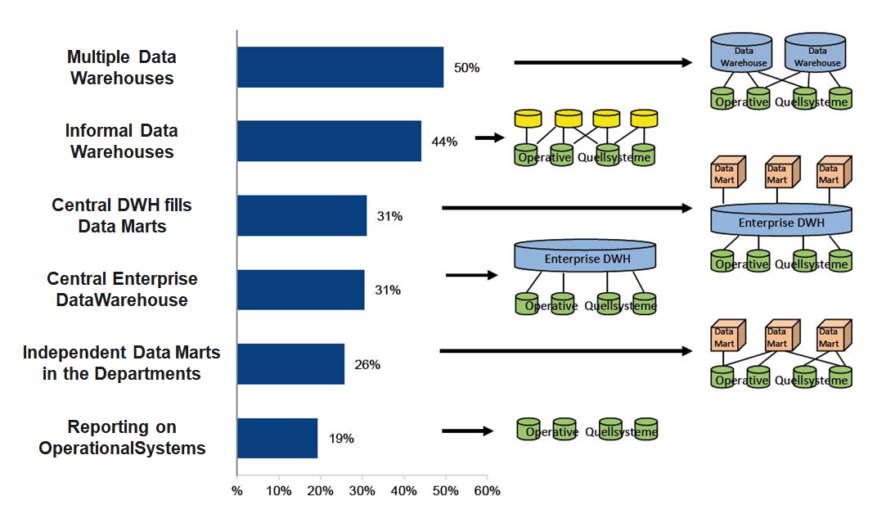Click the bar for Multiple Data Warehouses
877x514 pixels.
340,67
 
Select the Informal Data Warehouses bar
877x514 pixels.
329,141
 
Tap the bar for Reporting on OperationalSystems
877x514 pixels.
277,438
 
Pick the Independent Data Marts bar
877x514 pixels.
290,364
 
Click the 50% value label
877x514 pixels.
466,68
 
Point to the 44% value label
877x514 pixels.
444,142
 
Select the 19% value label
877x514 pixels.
341,439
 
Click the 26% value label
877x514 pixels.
367,365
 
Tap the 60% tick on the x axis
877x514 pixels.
487,491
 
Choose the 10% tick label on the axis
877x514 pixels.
279,491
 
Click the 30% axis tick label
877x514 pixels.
362,491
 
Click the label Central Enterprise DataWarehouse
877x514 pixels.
122,290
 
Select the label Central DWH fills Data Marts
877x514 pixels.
122,215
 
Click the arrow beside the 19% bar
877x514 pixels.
467,431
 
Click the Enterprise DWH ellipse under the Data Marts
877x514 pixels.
781,221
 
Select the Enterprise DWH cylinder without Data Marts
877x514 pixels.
585,258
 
